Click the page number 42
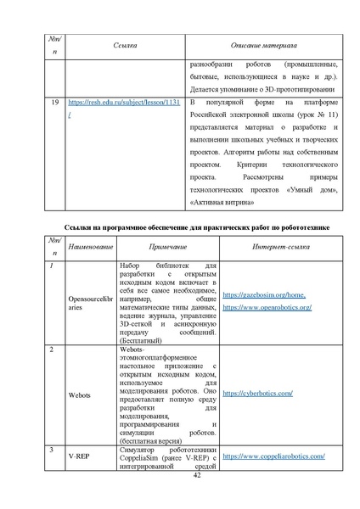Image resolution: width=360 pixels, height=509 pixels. point(181,477)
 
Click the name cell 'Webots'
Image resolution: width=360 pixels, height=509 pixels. point(79,395)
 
